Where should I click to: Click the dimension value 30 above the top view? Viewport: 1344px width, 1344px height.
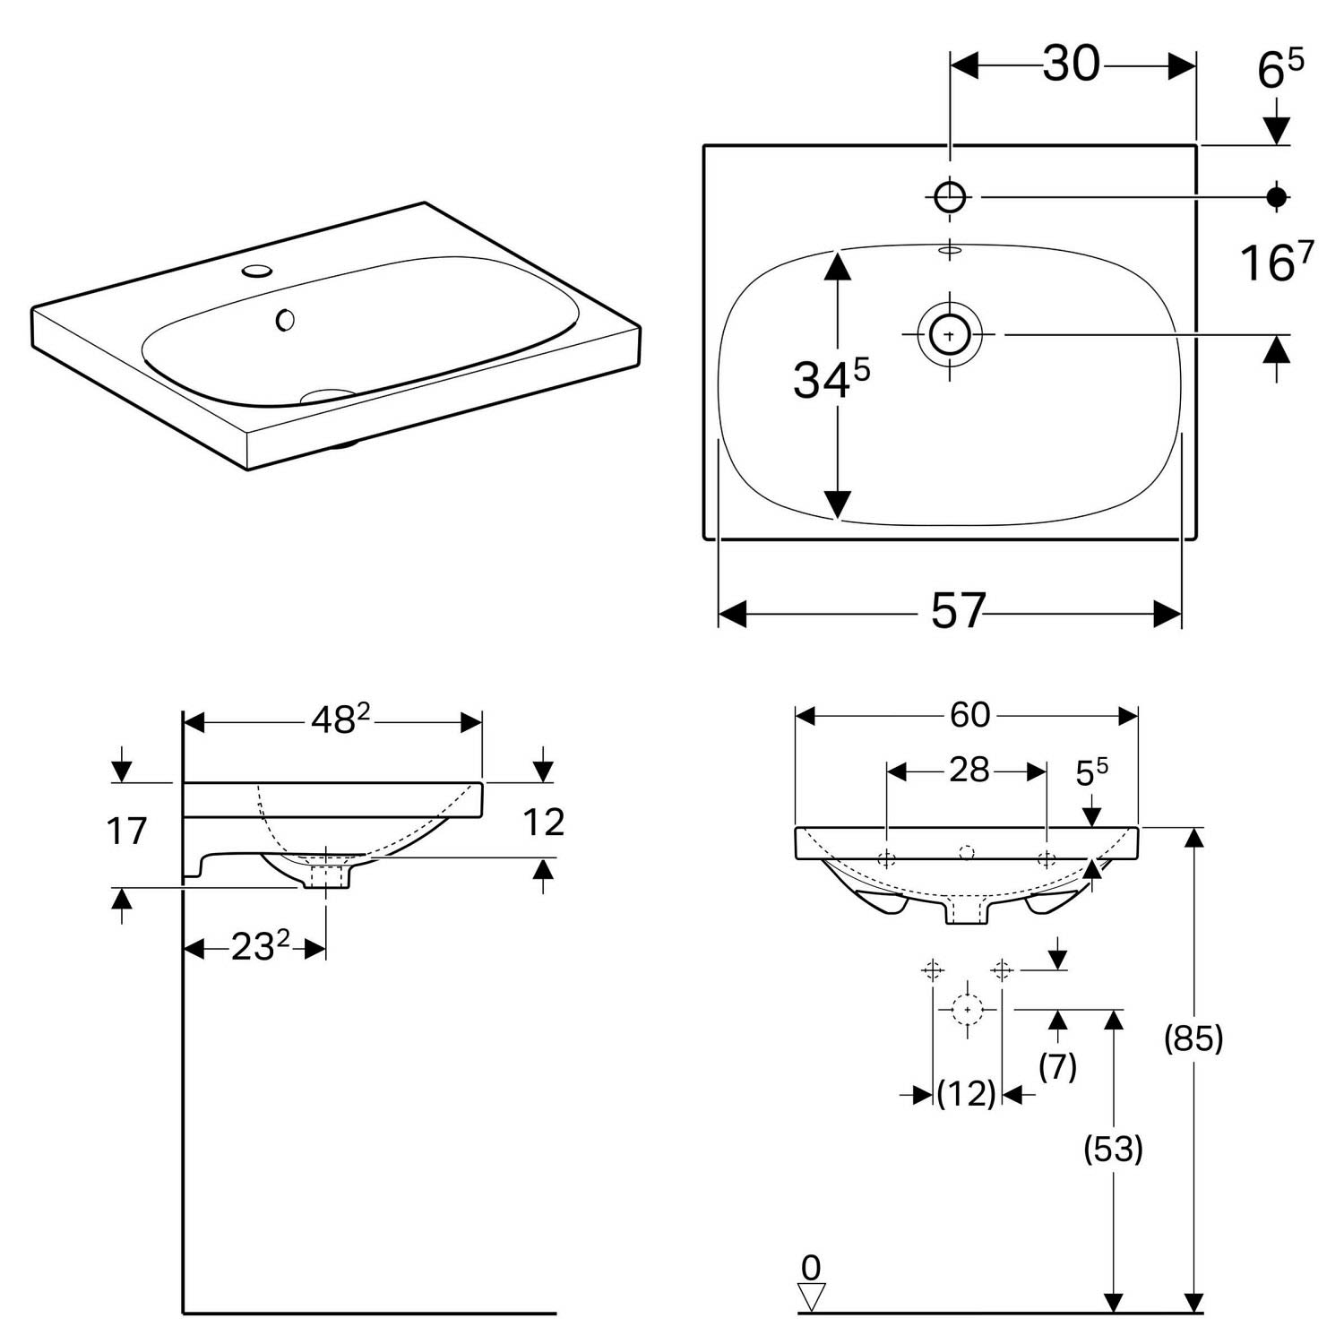click(1071, 64)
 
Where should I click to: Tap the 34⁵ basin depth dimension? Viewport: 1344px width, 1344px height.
click(831, 380)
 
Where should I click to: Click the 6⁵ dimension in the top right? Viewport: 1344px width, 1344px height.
click(1280, 70)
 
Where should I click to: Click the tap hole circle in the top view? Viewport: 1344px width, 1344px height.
click(950, 196)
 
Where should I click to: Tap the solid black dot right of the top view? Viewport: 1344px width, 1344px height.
click(1277, 196)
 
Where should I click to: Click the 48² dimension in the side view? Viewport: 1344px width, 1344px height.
click(340, 719)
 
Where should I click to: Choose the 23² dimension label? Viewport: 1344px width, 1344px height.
click(261, 946)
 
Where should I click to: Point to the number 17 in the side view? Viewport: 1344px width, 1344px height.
click(126, 831)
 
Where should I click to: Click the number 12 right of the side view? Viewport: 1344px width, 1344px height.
click(543, 823)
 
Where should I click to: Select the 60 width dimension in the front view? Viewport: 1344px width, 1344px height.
click(969, 714)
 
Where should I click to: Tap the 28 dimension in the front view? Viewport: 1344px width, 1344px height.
click(969, 770)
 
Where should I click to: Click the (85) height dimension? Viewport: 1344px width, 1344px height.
click(1193, 1038)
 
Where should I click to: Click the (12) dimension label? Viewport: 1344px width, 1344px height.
click(967, 1093)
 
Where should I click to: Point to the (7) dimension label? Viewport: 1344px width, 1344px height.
click(1058, 1066)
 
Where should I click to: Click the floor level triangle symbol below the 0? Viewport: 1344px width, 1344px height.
click(811, 1296)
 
